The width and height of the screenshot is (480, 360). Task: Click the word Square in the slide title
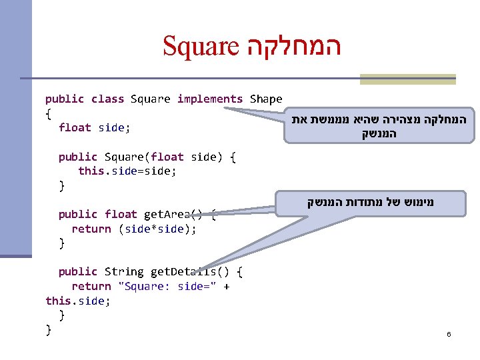point(201,46)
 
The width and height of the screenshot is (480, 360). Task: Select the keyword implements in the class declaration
point(210,99)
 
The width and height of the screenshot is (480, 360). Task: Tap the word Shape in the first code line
point(266,99)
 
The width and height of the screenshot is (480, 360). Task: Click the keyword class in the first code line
point(107,99)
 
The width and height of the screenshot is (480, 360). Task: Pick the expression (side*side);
point(157,229)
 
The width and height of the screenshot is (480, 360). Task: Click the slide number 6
point(449,333)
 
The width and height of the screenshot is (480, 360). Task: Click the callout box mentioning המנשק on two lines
point(379,127)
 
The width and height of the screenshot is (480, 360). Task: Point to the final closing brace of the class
point(48,329)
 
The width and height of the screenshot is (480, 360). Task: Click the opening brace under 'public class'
point(48,113)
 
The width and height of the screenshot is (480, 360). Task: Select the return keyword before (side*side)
point(91,229)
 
